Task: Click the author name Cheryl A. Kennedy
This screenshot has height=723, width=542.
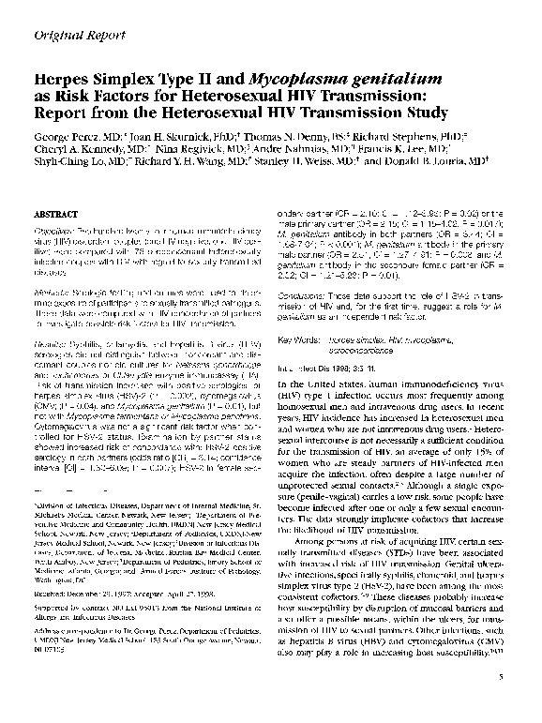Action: click(79, 149)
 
